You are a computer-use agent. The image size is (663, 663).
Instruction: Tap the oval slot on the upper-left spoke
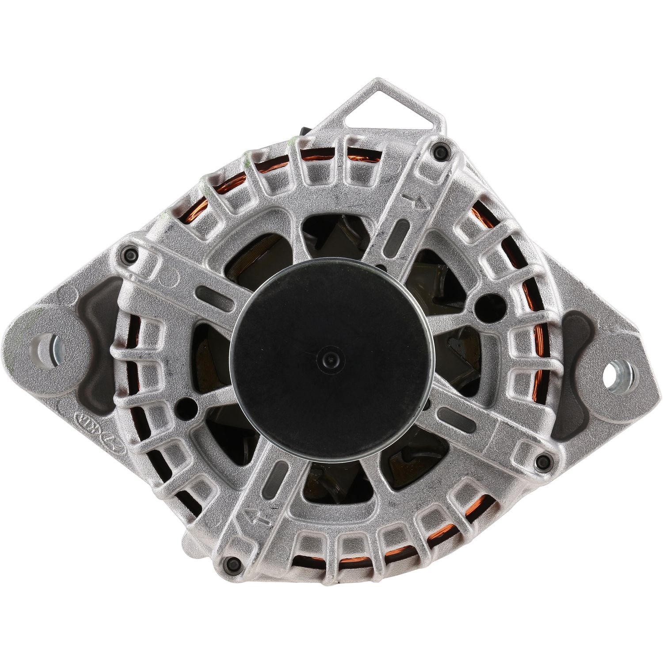point(214,294)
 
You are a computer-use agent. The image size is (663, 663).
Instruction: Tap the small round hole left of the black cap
point(189,404)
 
